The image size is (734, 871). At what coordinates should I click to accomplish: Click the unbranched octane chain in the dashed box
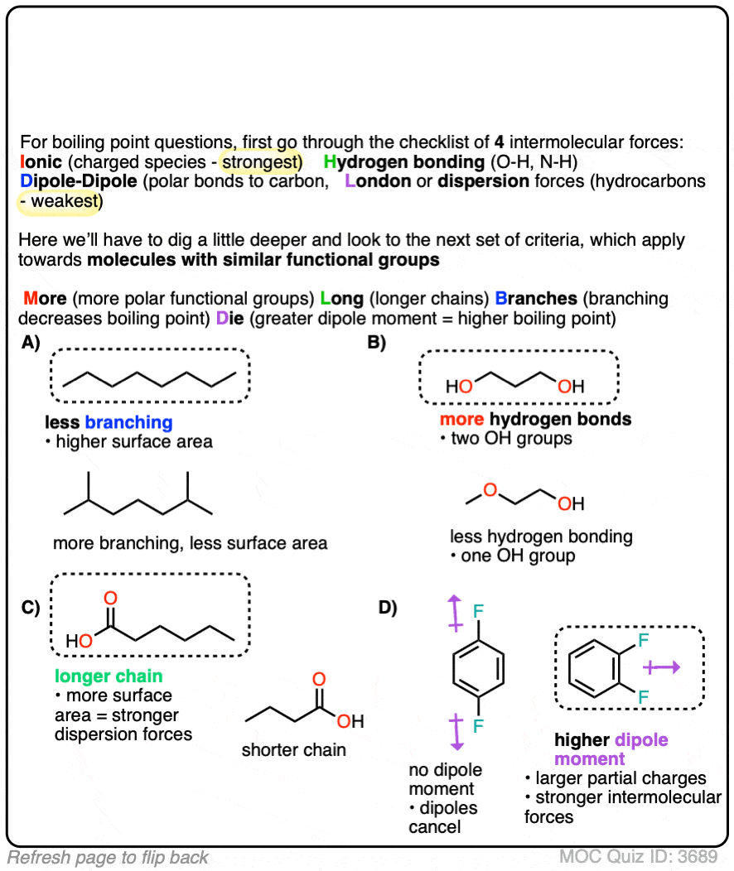click(x=150, y=377)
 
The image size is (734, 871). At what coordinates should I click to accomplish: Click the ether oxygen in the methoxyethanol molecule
click(x=490, y=491)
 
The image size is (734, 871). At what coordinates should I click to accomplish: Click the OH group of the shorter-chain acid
click(x=351, y=721)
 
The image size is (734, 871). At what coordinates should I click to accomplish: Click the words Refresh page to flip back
click(x=109, y=857)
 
